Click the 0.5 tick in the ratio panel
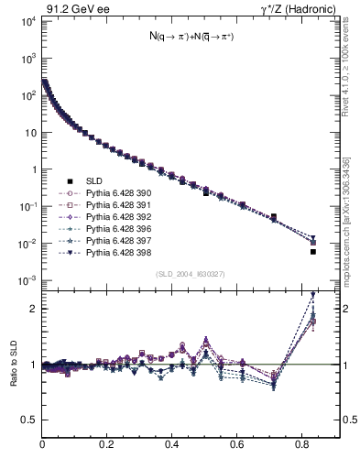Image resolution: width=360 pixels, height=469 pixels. [29, 420]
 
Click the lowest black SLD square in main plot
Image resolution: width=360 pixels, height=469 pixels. [313, 252]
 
